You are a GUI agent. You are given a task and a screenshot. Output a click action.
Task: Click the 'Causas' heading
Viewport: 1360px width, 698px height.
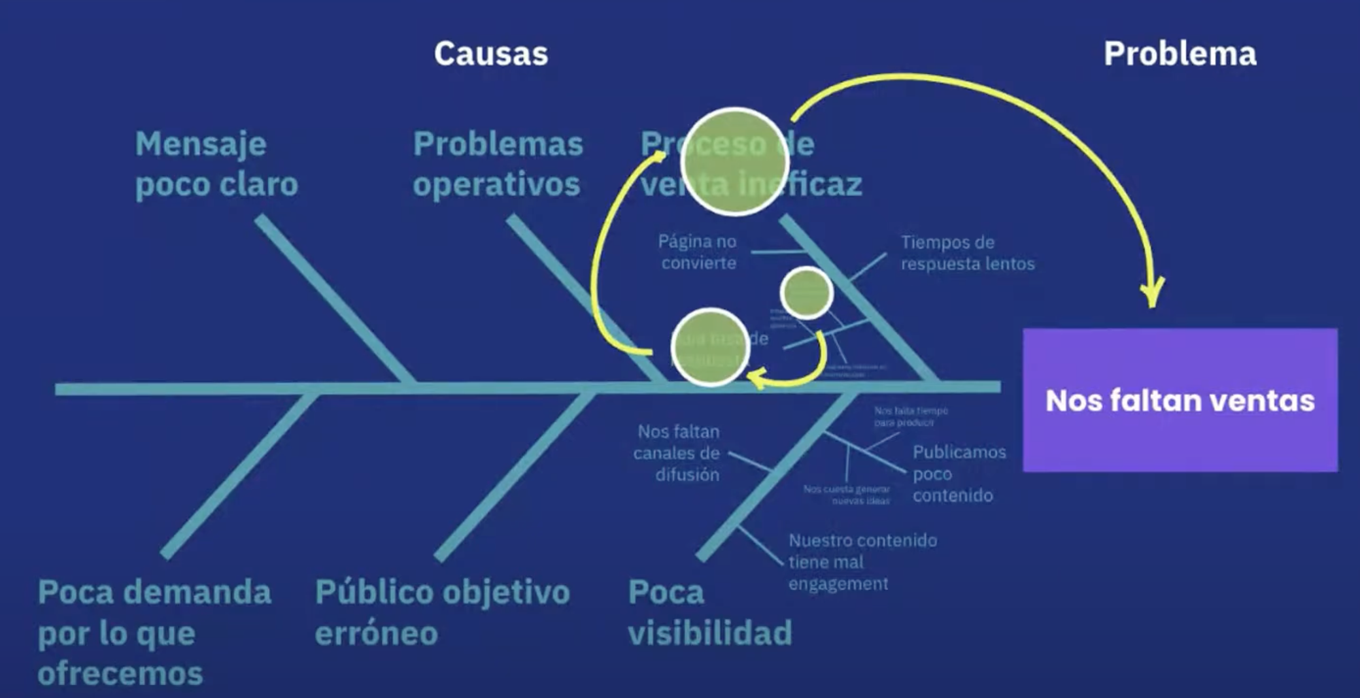click(491, 54)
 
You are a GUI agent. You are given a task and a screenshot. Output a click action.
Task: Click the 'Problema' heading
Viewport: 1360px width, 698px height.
click(1180, 54)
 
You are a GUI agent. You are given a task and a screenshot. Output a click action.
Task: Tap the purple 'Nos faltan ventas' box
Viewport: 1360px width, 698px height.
click(1180, 400)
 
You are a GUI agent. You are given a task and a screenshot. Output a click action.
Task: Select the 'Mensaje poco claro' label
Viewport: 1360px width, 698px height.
click(216, 164)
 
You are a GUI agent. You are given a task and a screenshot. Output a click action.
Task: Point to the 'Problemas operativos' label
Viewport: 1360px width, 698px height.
click(498, 164)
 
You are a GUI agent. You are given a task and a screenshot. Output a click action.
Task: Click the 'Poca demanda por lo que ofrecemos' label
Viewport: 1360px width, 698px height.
click(154, 632)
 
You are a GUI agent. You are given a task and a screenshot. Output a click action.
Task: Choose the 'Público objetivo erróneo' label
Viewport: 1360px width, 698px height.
click(443, 612)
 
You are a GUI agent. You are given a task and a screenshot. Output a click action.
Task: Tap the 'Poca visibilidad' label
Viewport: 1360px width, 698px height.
click(710, 612)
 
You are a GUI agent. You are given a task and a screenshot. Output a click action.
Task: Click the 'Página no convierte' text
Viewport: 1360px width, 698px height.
click(698, 252)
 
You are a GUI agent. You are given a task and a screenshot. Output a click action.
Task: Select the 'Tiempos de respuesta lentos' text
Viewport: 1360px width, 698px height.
click(968, 253)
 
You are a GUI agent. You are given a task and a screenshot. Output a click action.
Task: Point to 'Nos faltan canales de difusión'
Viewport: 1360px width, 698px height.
click(677, 453)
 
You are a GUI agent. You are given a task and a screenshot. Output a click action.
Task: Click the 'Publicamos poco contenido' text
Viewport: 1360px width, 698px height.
click(959, 473)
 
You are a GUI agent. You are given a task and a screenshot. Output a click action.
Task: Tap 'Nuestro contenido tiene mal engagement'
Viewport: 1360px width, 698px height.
click(862, 561)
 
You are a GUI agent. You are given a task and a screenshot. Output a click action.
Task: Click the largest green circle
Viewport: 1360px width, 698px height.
click(735, 161)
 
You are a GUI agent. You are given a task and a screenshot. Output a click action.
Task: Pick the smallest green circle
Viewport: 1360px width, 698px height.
click(807, 293)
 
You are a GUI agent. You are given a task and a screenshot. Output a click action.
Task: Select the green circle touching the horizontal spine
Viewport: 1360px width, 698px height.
click(710, 347)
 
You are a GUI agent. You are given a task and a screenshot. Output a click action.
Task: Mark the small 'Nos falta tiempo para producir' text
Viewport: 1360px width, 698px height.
click(911, 416)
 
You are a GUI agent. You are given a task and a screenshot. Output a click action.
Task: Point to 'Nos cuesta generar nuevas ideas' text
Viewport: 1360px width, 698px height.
click(847, 495)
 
